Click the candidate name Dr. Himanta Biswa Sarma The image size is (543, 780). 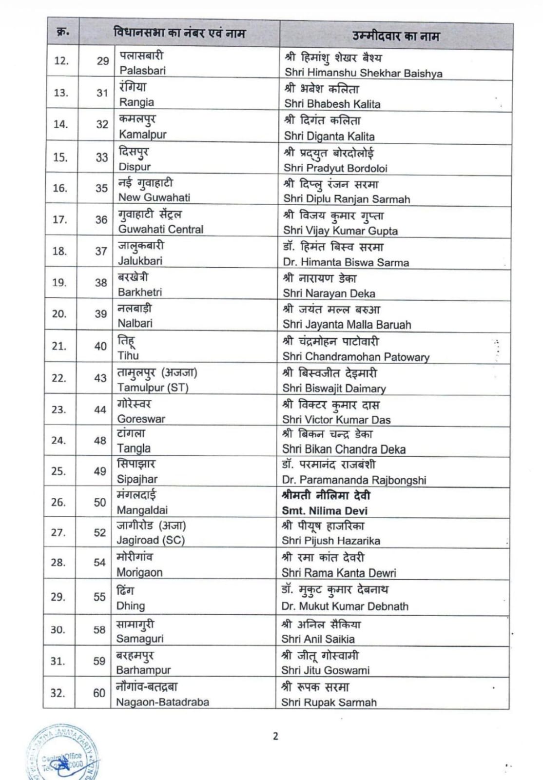pyautogui.click(x=346, y=262)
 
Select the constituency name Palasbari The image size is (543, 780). pyautogui.click(x=142, y=70)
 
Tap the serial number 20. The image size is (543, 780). pyautogui.click(x=59, y=314)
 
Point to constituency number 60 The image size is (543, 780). pyautogui.click(x=99, y=693)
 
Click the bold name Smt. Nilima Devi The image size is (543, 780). pyautogui.click(x=325, y=511)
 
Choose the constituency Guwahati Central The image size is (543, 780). pyautogui.click(x=160, y=229)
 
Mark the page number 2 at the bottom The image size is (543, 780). pyautogui.click(x=275, y=736)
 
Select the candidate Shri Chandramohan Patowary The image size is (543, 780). pyautogui.click(x=356, y=356)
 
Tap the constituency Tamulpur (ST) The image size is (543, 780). pyautogui.click(x=153, y=388)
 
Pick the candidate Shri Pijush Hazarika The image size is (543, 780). pyautogui.click(x=330, y=541)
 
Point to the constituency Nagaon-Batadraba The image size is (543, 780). pyautogui.click(x=162, y=702)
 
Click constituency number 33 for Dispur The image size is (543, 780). pyautogui.click(x=101, y=157)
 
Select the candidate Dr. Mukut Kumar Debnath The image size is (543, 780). pyautogui.click(x=345, y=606)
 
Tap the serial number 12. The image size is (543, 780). pyautogui.click(x=61, y=61)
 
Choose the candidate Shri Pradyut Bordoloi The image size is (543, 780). pyautogui.click(x=335, y=168)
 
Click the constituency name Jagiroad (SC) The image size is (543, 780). pyautogui.click(x=151, y=540)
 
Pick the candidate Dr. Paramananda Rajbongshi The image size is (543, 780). pyautogui.click(x=354, y=480)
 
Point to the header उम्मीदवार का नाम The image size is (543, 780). pyautogui.click(x=396, y=36)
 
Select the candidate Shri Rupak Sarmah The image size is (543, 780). pyautogui.click(x=329, y=702)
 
